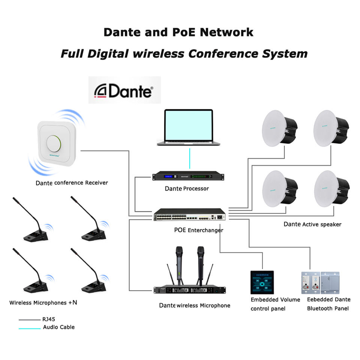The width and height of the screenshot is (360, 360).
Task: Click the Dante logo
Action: click(x=124, y=90)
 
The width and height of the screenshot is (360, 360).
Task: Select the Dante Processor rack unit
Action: click(x=186, y=176)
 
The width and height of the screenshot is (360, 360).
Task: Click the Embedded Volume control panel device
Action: click(x=262, y=282)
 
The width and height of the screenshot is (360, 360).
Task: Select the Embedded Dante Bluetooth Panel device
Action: click(x=320, y=282)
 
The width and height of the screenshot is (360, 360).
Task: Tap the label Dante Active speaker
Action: click(x=312, y=224)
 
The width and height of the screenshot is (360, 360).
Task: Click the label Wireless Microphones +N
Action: click(x=43, y=302)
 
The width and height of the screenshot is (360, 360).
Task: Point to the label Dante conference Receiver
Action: click(x=72, y=183)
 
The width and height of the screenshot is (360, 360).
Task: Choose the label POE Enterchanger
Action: click(x=198, y=230)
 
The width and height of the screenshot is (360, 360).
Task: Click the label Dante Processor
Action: click(x=186, y=188)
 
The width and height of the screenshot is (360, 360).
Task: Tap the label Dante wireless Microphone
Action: click(x=194, y=305)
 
